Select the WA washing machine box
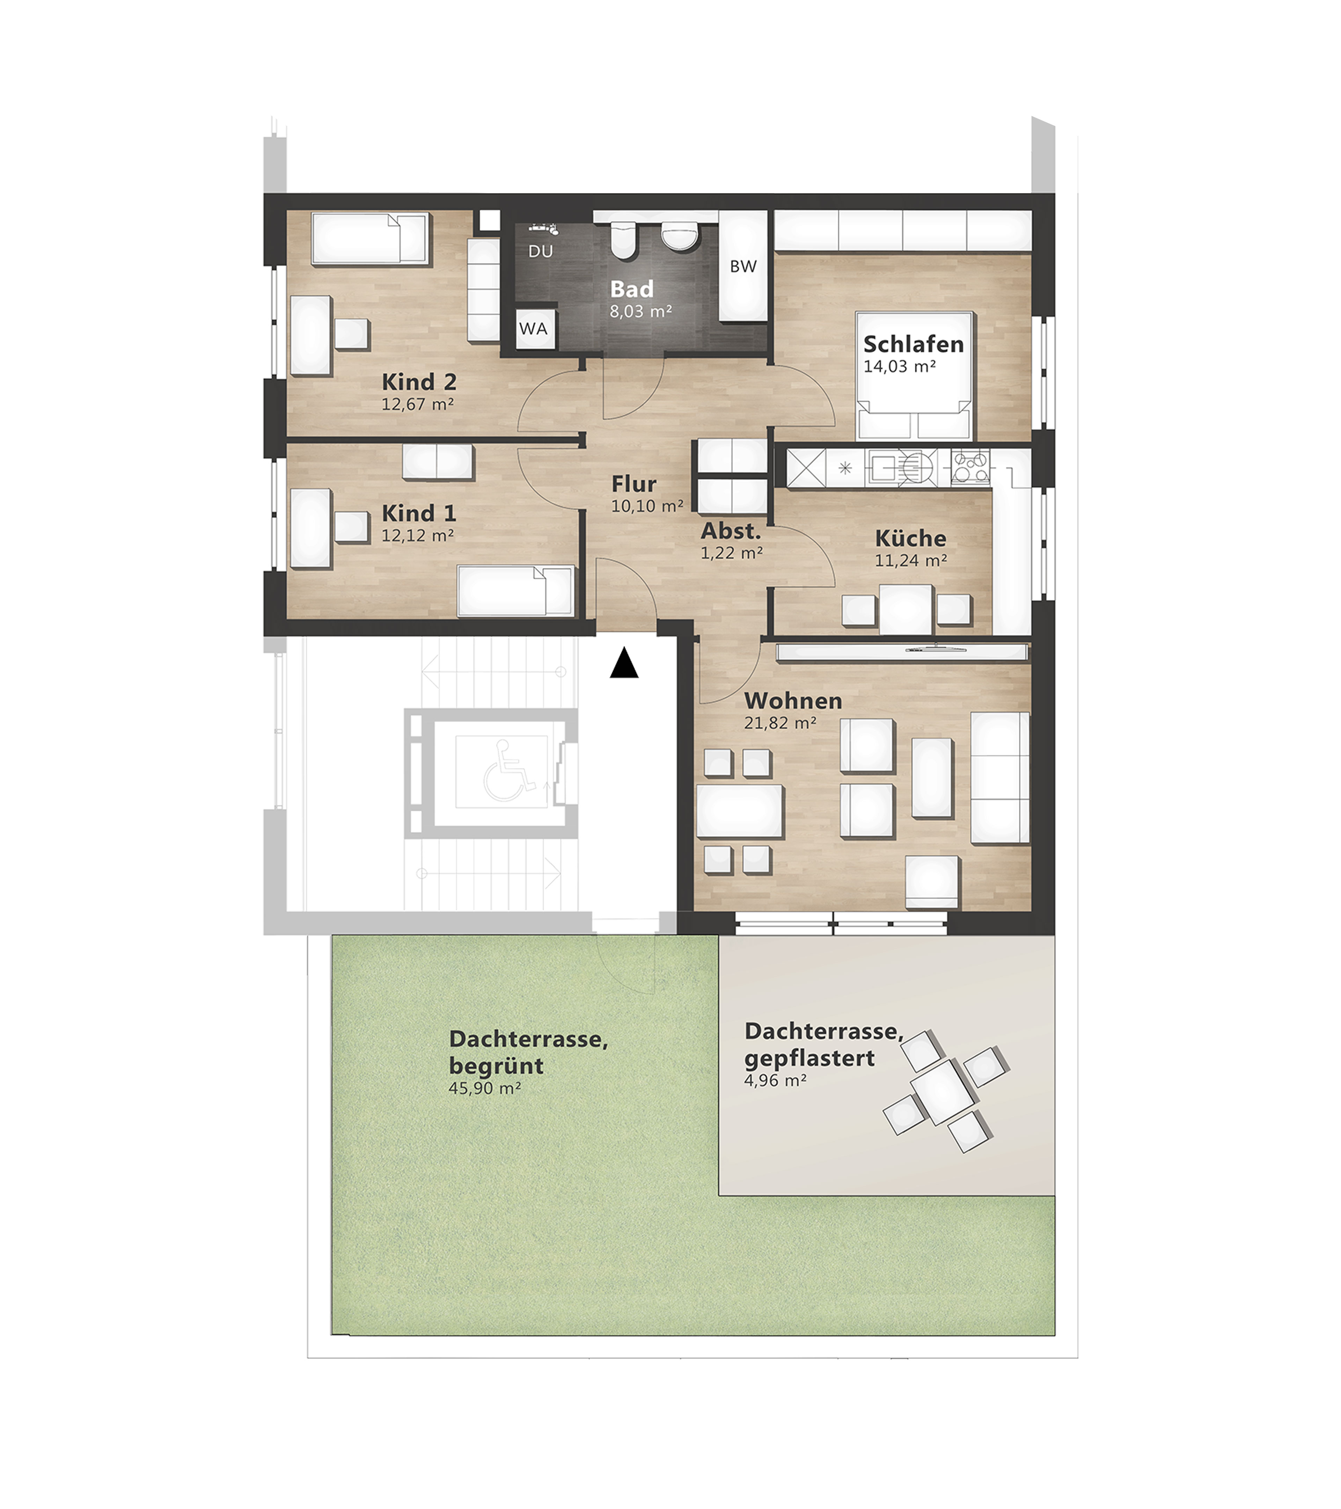pos(534,329)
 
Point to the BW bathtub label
pos(743,267)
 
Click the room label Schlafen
pos(914,344)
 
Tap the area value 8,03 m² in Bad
pos(640,312)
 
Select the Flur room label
pos(634,484)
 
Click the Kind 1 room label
pos(418,513)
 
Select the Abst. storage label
pos(731,531)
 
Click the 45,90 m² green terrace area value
pos(485,1088)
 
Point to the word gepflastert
pos(809,1058)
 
